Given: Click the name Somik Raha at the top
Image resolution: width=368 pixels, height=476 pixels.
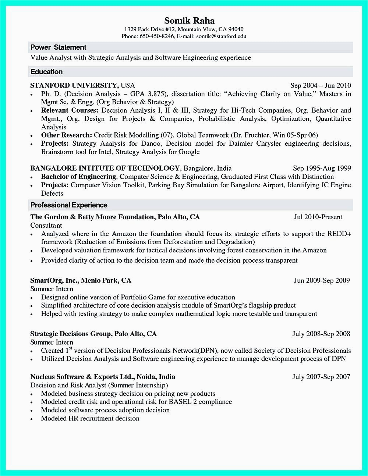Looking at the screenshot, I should tap(189, 21).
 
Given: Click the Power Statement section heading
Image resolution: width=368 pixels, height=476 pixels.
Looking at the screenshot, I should tap(58, 47).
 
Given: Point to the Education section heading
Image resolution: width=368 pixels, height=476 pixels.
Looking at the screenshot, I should tap(46, 72).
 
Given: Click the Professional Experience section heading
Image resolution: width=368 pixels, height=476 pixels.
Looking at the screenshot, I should tap(69, 205).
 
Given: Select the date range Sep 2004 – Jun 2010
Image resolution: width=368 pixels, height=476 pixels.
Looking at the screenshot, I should tap(321, 86).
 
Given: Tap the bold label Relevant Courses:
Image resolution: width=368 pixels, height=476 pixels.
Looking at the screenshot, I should tap(70, 110).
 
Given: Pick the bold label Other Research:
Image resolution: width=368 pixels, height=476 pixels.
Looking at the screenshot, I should tap(67, 135).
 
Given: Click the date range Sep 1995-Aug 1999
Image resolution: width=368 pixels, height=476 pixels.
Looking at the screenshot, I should tap(322, 168).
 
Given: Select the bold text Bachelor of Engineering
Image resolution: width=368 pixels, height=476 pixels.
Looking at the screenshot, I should tap(79, 177).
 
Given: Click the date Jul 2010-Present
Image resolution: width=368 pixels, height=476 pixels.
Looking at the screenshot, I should tap(318, 217).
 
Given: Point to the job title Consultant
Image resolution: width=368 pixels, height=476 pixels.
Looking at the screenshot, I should tap(46, 225).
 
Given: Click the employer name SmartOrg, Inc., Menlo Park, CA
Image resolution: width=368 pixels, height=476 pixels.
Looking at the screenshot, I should tap(81, 281).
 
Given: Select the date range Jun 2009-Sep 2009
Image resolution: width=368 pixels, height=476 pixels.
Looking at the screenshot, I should tap(322, 281).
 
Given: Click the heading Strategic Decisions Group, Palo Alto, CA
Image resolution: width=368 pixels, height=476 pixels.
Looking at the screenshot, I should tap(93, 334).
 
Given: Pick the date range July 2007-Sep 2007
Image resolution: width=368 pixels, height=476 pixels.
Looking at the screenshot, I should tap(321, 377).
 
